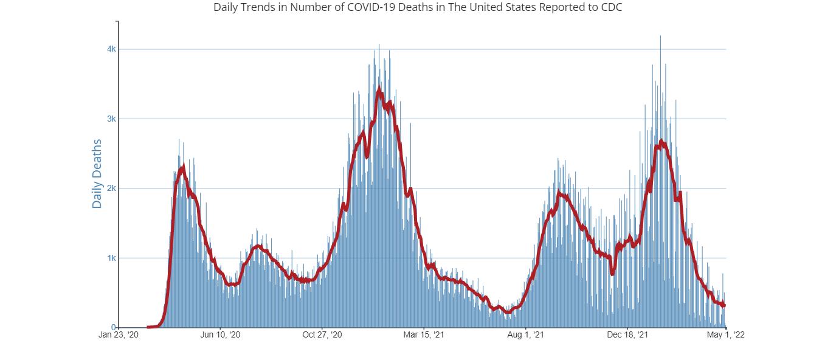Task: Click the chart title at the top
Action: pyautogui.click(x=418, y=8)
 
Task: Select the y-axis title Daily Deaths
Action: pyautogui.click(x=97, y=174)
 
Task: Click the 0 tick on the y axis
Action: pyautogui.click(x=113, y=327)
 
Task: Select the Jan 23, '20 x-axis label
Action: pyautogui.click(x=119, y=335)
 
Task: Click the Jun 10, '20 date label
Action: pyautogui.click(x=220, y=335)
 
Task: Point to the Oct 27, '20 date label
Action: pyautogui.click(x=322, y=335)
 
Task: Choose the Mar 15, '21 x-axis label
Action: pyautogui.click(x=424, y=335)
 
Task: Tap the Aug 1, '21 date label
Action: pyautogui.click(x=526, y=335)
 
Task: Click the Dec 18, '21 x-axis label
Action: pyautogui.click(x=627, y=335)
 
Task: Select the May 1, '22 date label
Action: pyautogui.click(x=726, y=335)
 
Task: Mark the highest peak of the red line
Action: pyautogui.click(x=379, y=91)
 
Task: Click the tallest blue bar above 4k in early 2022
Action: pyautogui.click(x=660, y=36)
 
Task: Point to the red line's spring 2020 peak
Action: pyautogui.click(x=182, y=167)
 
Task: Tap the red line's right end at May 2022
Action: pyautogui.click(x=725, y=305)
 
